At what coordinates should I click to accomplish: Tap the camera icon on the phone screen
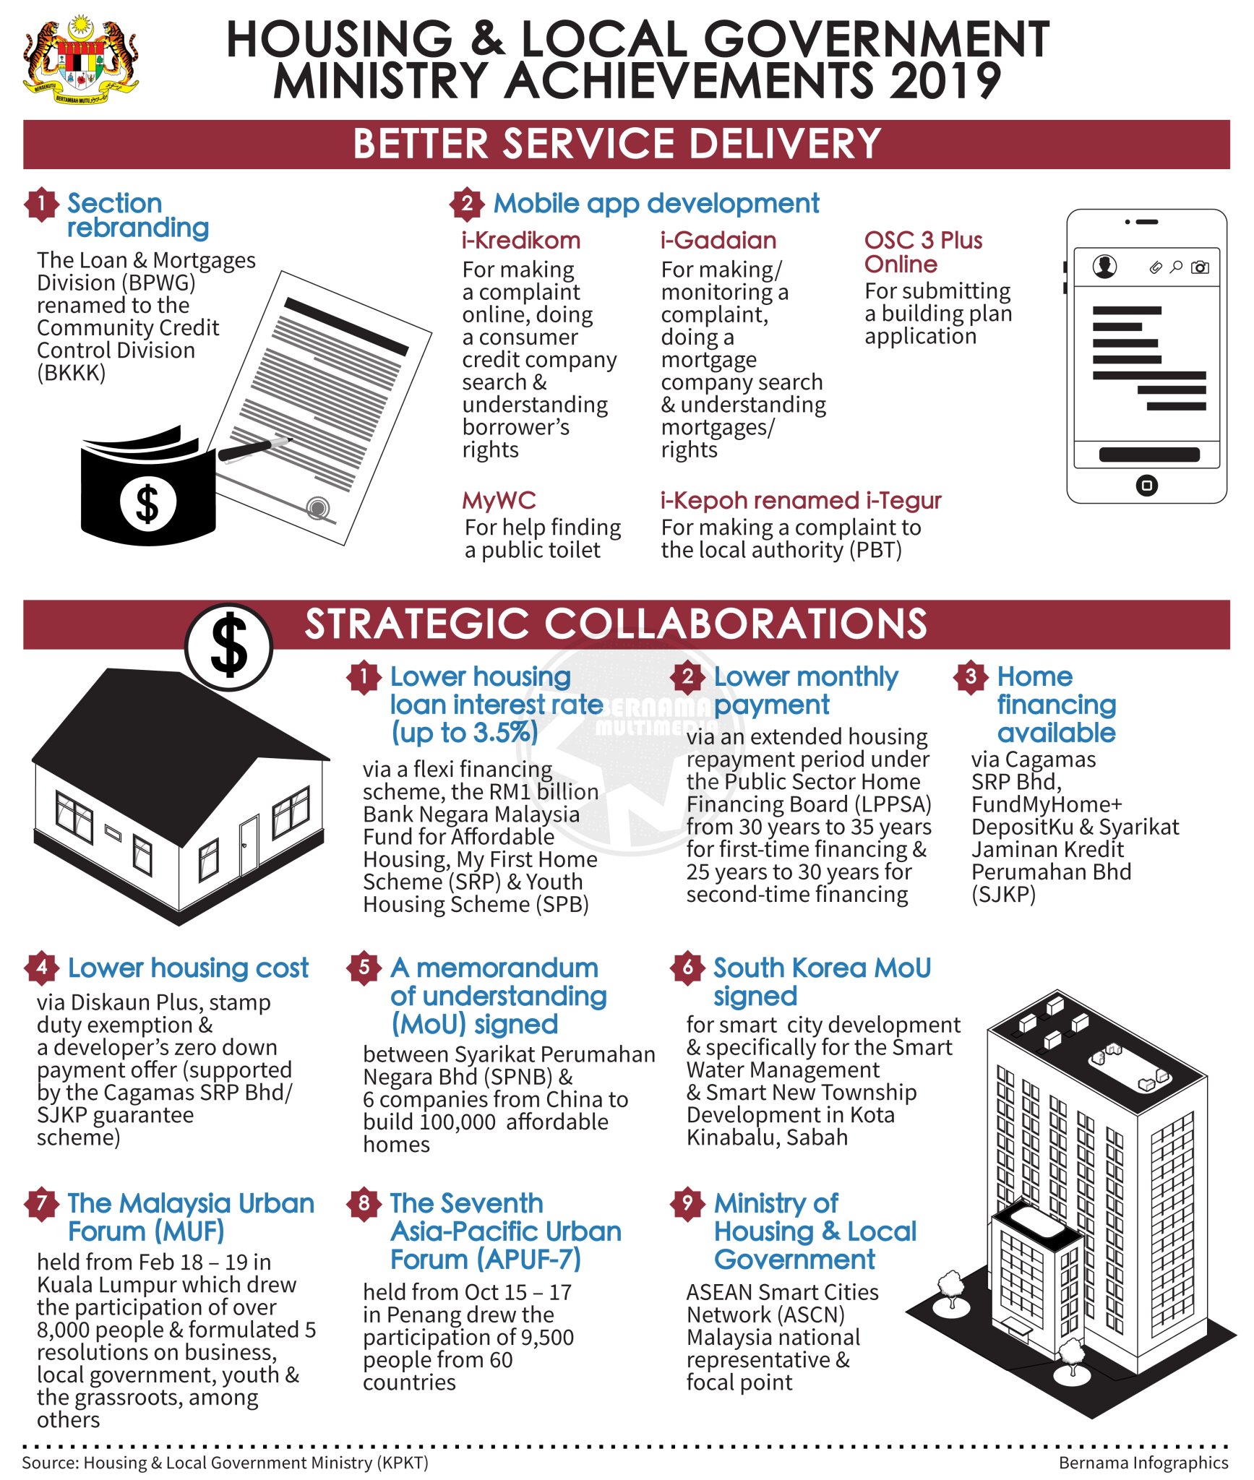1199,267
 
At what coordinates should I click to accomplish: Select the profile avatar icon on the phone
1104,266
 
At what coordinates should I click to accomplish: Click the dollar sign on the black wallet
147,503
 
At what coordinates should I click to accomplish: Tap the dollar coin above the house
228,645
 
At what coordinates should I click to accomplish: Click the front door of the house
249,846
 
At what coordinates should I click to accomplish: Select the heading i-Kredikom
520,240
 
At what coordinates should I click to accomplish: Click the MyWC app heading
499,500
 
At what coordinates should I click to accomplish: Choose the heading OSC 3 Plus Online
922,252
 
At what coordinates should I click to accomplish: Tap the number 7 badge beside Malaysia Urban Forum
41,1203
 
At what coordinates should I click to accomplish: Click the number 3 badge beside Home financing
971,676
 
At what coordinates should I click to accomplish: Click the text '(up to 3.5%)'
465,733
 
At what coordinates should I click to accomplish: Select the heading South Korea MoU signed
822,981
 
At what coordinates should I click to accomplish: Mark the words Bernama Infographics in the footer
1143,1463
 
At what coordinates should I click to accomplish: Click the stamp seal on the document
317,507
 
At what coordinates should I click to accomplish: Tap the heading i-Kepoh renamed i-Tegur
800,500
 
